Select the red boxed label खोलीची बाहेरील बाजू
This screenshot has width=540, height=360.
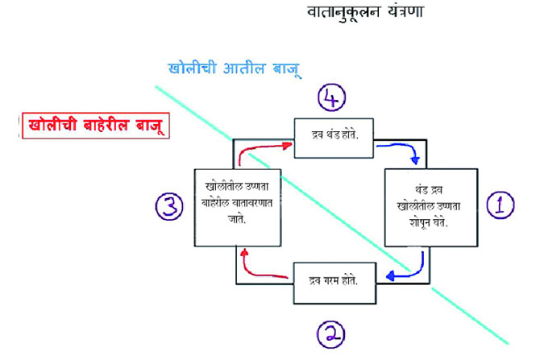tap(93, 126)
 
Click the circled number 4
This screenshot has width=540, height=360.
tap(332, 99)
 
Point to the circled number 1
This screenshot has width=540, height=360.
tap(500, 205)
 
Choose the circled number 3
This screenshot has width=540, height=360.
tap(169, 207)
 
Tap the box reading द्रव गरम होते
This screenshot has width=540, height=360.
tap(333, 279)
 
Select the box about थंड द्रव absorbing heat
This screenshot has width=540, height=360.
tap(430, 207)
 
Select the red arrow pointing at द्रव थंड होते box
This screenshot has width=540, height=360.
tap(268, 147)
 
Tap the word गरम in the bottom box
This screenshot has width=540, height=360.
tap(332, 279)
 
